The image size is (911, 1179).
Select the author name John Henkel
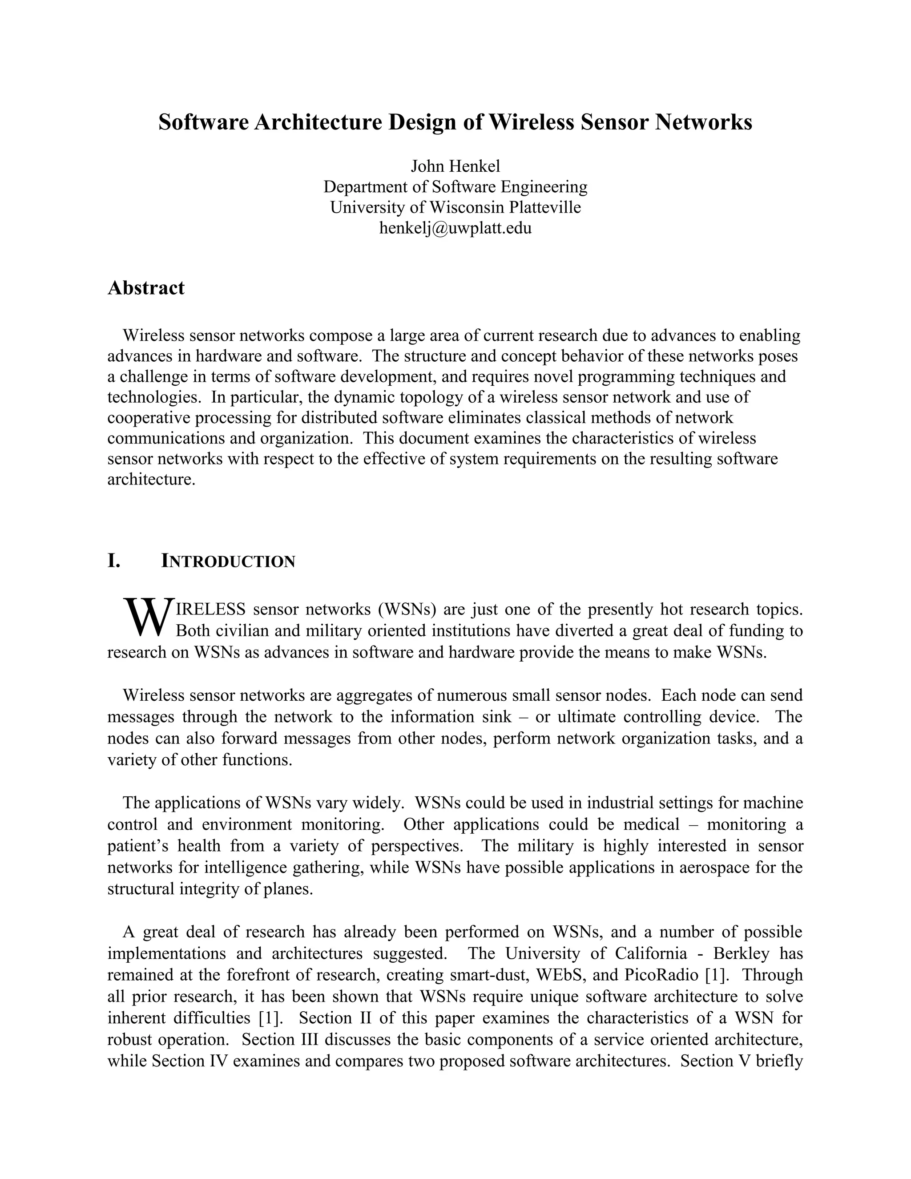(x=455, y=166)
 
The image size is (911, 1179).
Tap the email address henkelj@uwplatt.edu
(x=455, y=228)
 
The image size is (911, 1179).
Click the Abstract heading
(x=146, y=288)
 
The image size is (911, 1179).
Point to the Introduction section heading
(x=228, y=561)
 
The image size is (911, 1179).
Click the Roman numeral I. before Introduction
(x=113, y=561)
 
